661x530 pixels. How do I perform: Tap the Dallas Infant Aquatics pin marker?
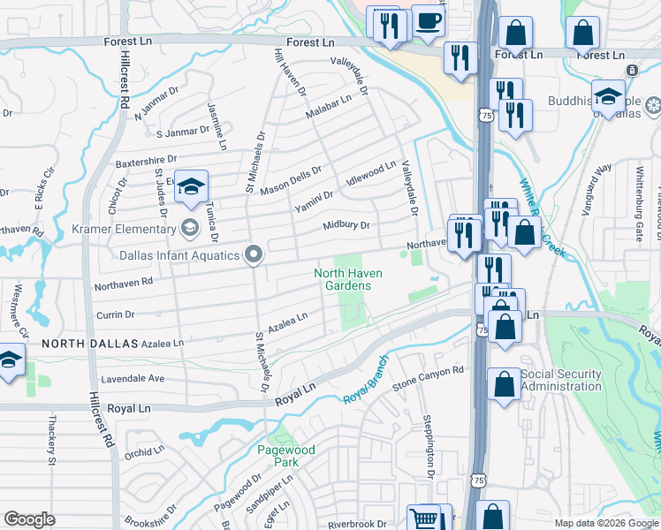pos(255,255)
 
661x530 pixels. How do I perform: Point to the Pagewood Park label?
pos(285,456)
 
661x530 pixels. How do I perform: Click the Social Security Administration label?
pos(561,380)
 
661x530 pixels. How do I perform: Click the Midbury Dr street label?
pos(346,225)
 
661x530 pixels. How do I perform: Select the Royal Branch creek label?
pos(366,380)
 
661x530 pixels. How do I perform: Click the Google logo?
pos(30,519)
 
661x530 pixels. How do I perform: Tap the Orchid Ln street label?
pos(145,452)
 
